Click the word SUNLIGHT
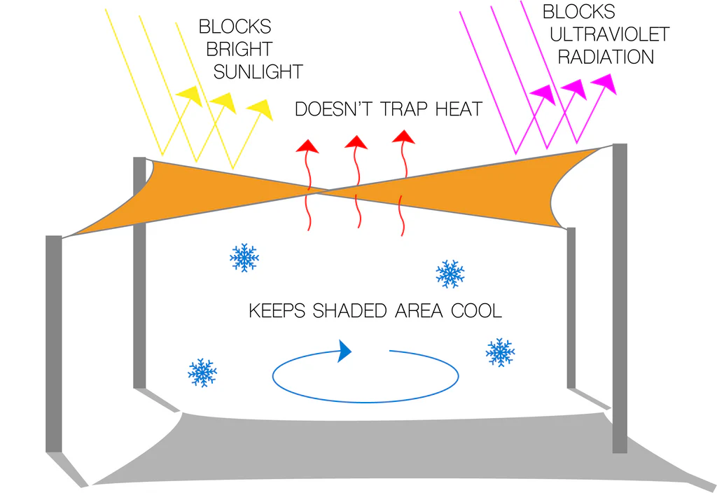click(258, 71)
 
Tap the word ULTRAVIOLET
click(609, 34)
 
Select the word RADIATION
click(606, 57)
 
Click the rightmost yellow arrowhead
click(260, 109)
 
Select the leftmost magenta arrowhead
click(542, 93)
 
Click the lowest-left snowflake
click(202, 373)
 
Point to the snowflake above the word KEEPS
click(244, 258)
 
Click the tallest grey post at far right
click(620, 298)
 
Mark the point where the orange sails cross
click(323, 189)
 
